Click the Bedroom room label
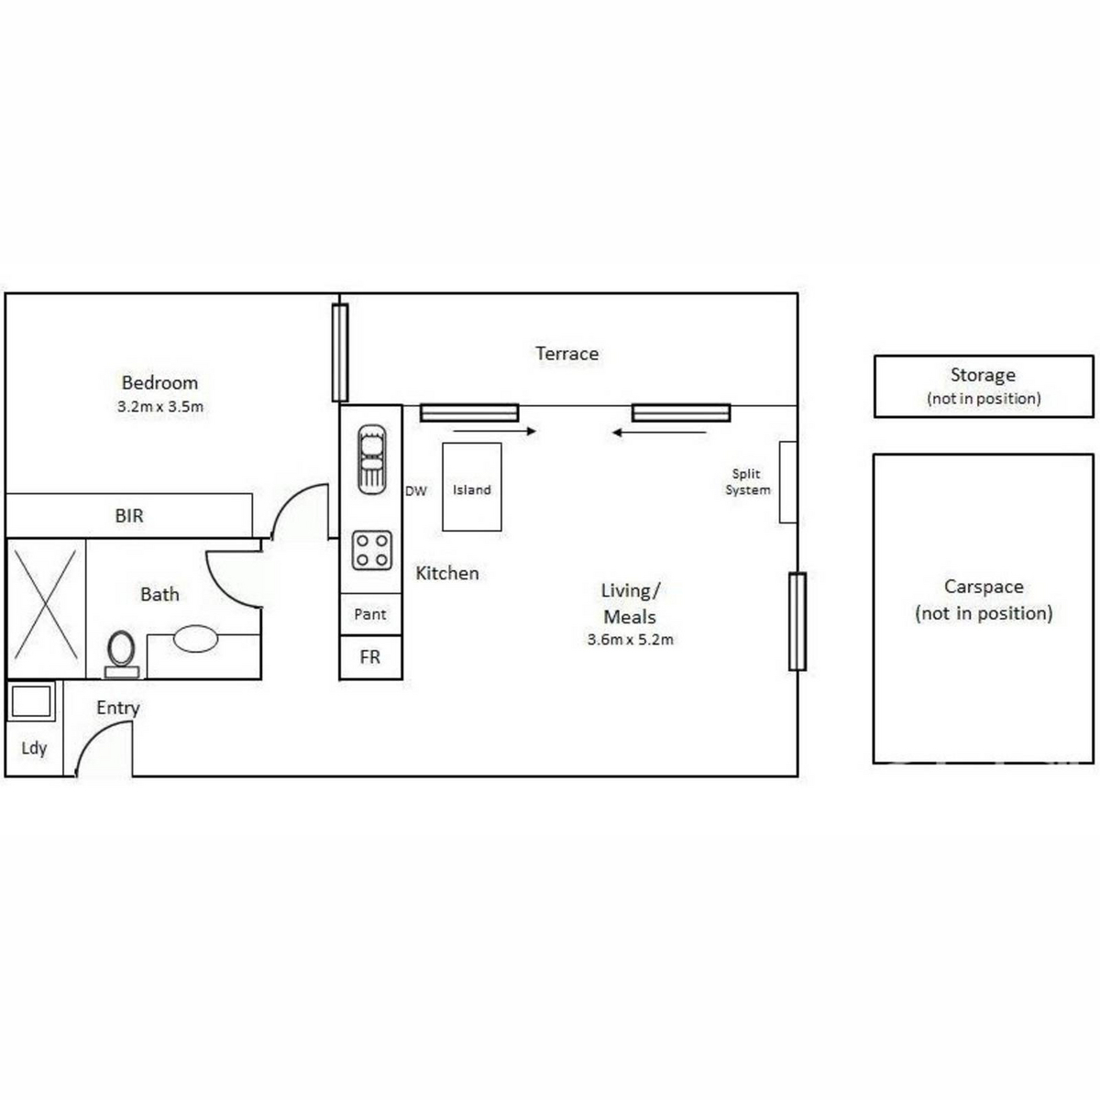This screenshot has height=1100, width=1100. point(159,382)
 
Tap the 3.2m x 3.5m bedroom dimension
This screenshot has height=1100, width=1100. point(160,407)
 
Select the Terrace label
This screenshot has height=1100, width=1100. point(566,353)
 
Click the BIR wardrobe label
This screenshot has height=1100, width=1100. point(129,516)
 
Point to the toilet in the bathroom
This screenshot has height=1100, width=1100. point(122,654)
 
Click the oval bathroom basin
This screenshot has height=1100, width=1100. point(195,638)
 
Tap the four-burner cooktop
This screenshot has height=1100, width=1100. point(371,550)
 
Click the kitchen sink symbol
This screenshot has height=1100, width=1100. point(371,459)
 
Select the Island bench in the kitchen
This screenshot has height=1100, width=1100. point(472,487)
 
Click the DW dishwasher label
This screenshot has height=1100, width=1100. point(416,491)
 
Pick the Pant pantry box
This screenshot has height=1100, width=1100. point(371,614)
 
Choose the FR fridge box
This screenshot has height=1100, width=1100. point(371,657)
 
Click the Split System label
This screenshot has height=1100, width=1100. point(747,482)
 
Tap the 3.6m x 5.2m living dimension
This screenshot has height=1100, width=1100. point(630,639)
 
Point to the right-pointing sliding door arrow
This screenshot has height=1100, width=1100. point(496,431)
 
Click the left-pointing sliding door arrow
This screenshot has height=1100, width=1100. point(659,433)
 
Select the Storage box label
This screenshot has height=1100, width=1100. point(983,375)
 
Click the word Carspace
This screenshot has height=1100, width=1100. point(984,587)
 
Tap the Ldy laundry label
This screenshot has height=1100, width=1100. point(34,748)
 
